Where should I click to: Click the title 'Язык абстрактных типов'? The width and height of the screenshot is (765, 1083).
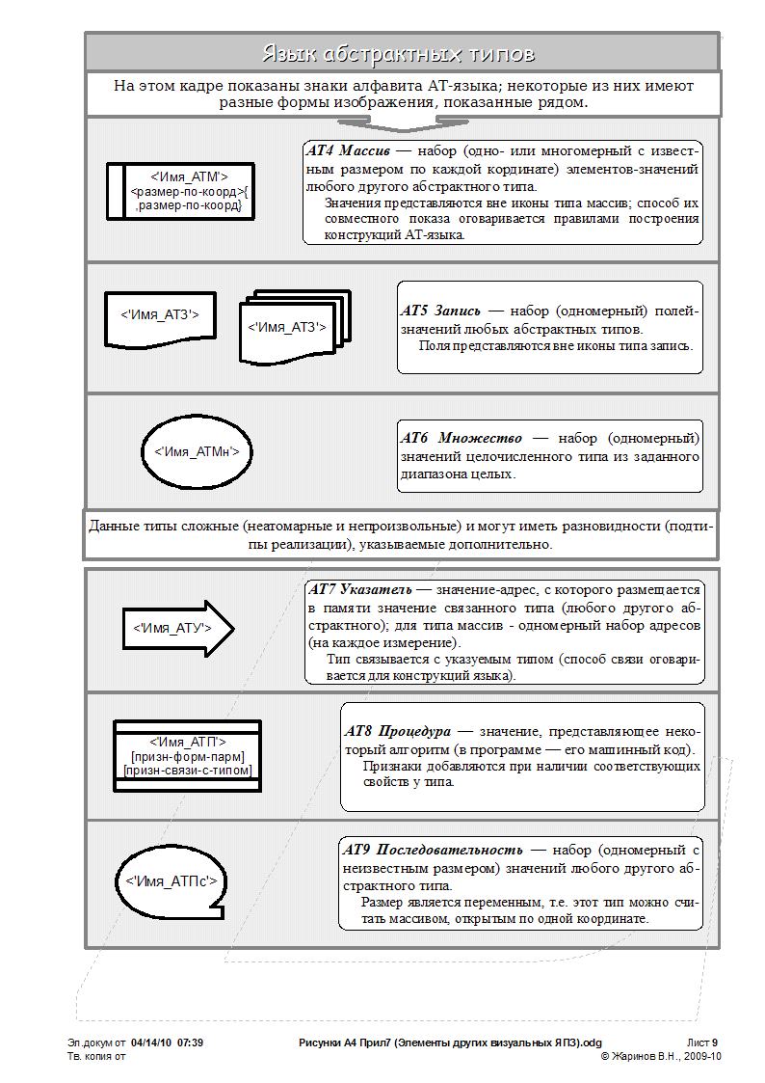399,53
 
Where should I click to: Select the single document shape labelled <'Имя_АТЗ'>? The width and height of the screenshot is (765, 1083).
160,315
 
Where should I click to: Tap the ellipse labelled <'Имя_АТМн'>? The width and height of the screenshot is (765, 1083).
197,450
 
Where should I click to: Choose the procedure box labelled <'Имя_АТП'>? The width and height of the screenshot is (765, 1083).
187,756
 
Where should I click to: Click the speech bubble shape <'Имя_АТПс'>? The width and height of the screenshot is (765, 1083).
171,881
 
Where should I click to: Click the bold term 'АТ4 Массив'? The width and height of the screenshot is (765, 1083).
347,151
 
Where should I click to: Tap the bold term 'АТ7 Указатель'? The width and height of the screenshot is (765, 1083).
360,588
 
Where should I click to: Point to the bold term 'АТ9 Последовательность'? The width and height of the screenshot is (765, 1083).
434,850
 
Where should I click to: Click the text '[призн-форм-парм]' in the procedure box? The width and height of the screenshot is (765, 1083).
187,756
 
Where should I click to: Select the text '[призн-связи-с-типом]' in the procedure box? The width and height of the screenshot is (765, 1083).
187,771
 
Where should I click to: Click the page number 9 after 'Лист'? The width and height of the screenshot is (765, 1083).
716,1042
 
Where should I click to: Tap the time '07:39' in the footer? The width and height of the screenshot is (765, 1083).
190,1042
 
